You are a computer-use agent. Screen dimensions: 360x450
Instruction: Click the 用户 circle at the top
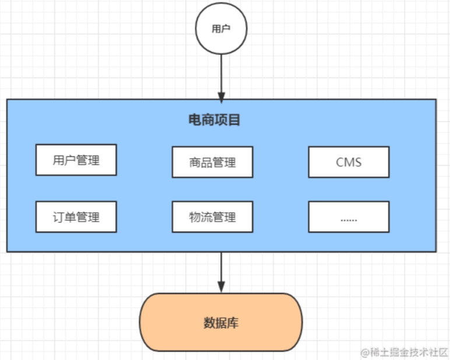(221, 29)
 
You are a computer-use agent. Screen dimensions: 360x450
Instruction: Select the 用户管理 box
(76, 160)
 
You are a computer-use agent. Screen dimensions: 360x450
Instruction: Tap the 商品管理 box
(212, 162)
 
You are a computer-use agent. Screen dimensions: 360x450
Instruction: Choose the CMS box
(349, 162)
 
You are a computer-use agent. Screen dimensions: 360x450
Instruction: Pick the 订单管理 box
(76, 217)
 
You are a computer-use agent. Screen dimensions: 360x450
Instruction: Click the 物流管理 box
(212, 217)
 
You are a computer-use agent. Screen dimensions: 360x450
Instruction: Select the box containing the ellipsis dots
(349, 217)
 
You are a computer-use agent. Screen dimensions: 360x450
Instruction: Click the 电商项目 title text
(215, 120)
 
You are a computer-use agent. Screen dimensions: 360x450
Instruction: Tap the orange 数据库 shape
(221, 322)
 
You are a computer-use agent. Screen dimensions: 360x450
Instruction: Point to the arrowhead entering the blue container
(221, 95)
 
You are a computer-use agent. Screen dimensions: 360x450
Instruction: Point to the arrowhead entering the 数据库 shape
(221, 288)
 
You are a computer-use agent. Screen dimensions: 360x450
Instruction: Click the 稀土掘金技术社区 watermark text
(408, 352)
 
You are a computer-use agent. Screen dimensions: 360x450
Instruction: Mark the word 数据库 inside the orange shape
(221, 323)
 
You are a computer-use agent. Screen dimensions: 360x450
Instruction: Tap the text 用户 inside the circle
(221, 29)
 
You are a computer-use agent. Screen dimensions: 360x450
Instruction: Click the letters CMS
(349, 162)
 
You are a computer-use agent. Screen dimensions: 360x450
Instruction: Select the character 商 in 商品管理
(195, 162)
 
